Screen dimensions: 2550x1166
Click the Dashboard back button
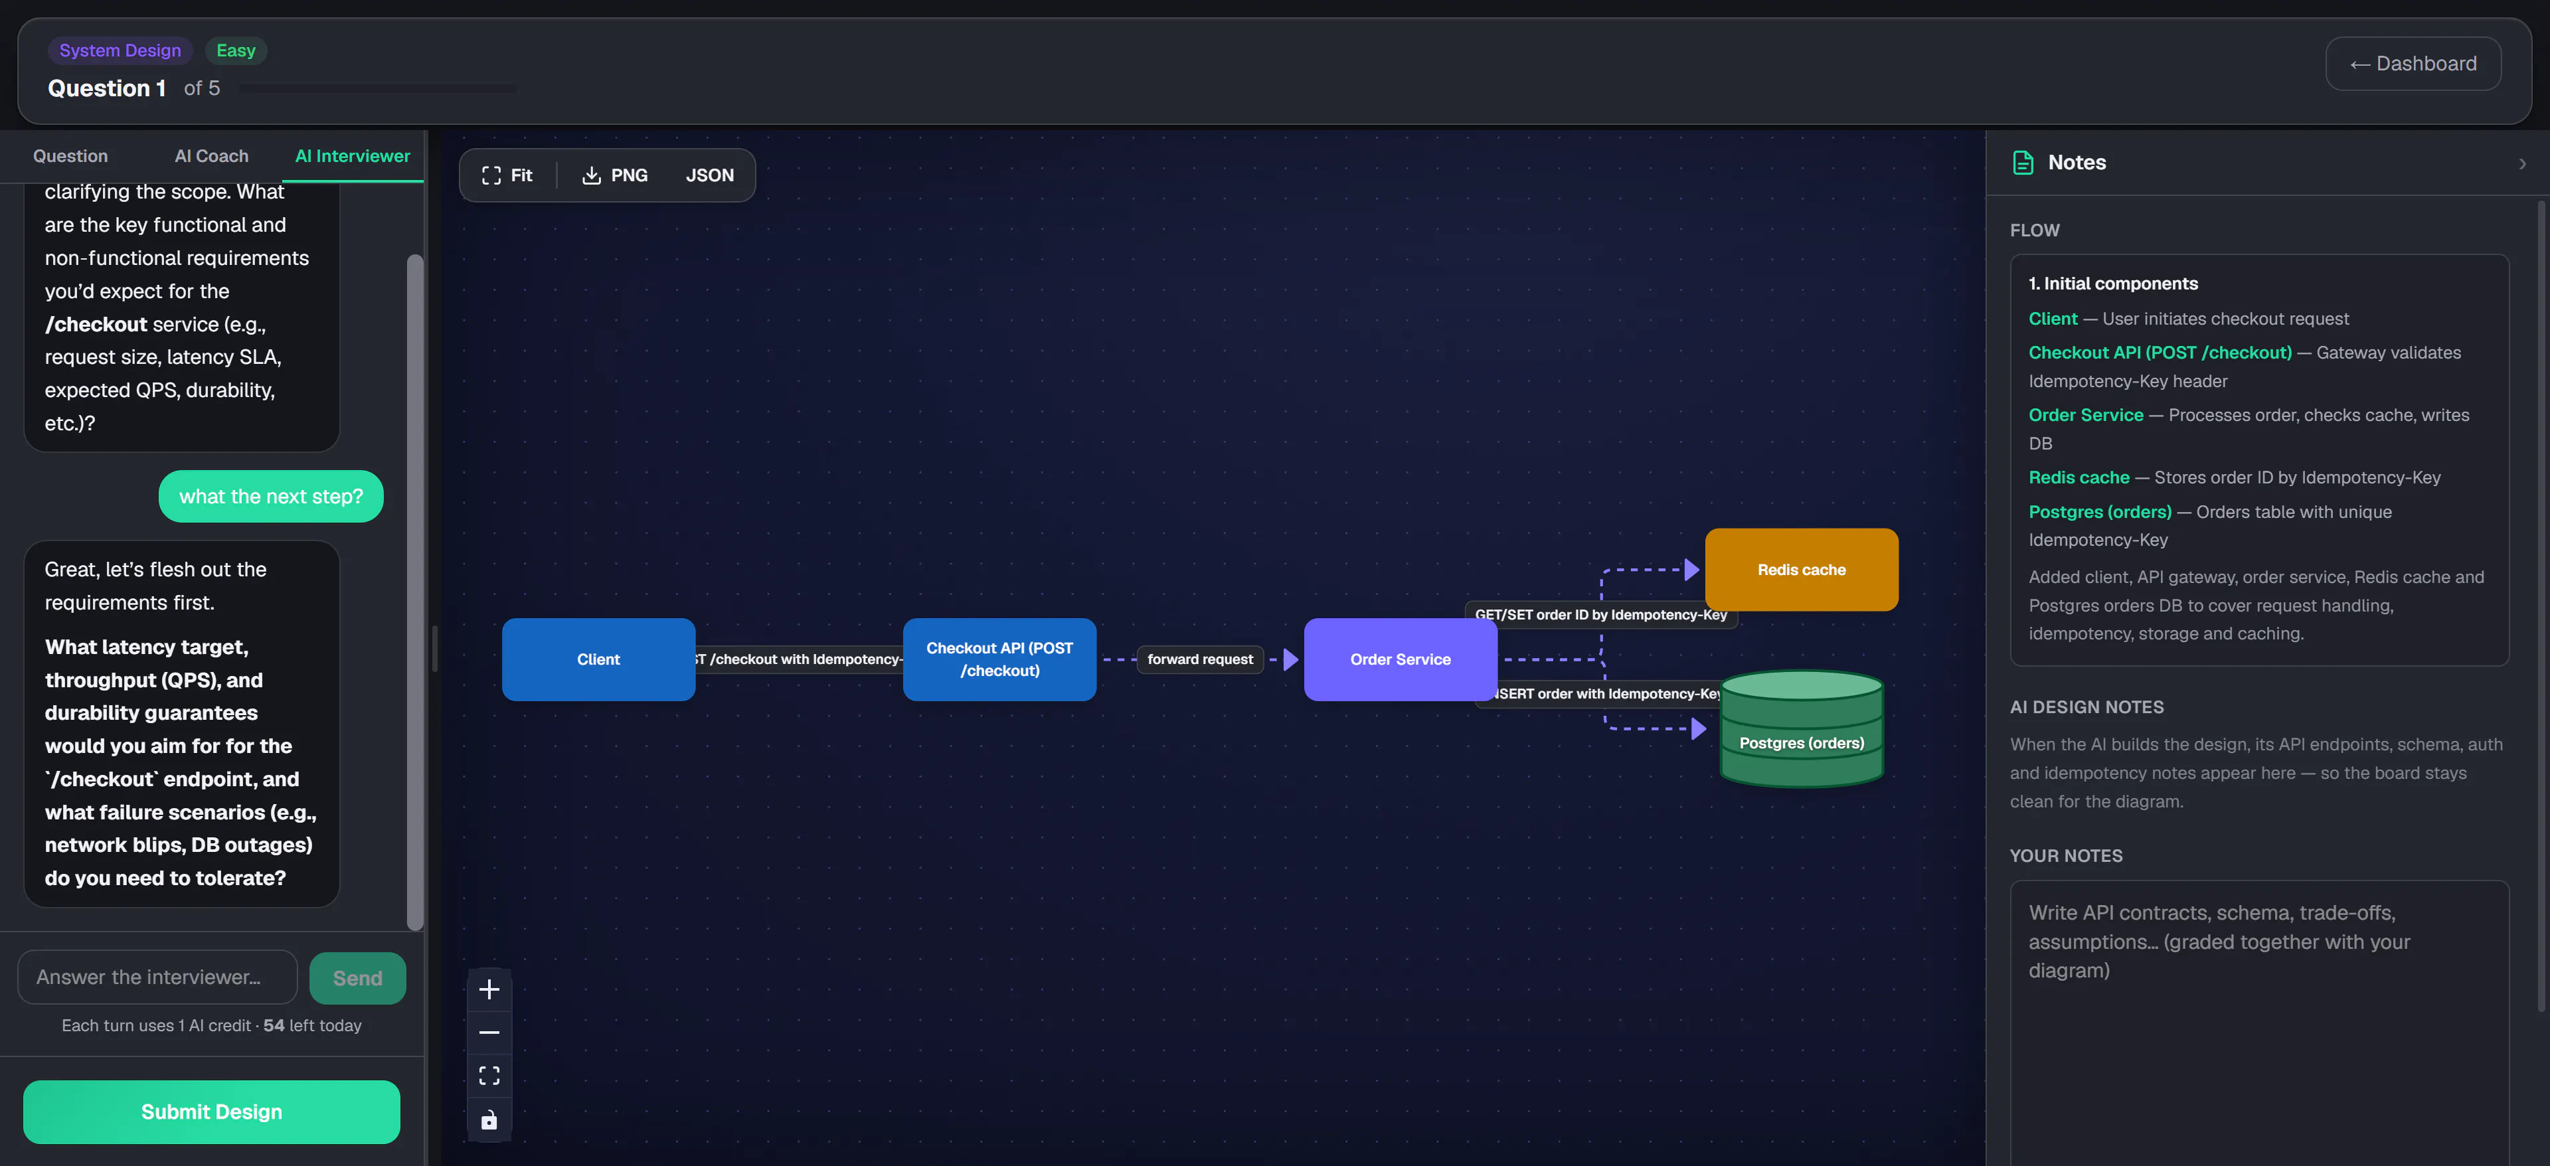[x=2413, y=63]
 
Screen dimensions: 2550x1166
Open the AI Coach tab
[x=212, y=155]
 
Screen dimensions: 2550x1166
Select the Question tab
[x=70, y=155]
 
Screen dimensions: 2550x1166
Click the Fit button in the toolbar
[x=507, y=175]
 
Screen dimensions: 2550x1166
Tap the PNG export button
[x=615, y=175]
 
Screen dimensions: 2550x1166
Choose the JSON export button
[x=710, y=175]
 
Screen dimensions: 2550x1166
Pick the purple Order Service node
[x=1400, y=659]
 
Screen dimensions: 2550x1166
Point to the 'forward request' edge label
[x=1200, y=659]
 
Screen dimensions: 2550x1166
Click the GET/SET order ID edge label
[x=1600, y=615]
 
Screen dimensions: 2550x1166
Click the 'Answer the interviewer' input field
[x=157, y=977]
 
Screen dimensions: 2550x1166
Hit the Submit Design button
[x=212, y=1112]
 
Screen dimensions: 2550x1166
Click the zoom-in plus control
[x=489, y=989]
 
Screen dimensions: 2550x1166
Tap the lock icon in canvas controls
[x=489, y=1120]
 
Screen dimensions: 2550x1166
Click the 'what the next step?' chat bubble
[x=271, y=496]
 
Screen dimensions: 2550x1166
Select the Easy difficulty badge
[x=236, y=50]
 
